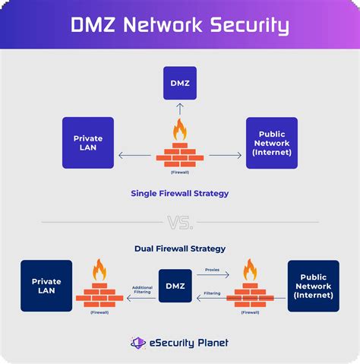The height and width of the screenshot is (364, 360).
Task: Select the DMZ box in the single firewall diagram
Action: pos(180,84)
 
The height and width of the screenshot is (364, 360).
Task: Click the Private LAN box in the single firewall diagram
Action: pos(88,143)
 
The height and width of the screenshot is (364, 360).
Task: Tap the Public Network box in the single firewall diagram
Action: pos(271,143)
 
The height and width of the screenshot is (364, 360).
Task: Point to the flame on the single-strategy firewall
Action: pos(180,130)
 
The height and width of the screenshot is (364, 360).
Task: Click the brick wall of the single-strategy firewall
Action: pos(180,154)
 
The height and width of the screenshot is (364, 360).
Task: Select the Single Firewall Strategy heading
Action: pos(180,193)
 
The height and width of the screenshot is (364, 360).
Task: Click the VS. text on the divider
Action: pos(180,223)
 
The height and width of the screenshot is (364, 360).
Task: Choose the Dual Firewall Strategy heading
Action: pos(180,248)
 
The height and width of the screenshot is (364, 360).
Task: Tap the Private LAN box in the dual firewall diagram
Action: pos(46,286)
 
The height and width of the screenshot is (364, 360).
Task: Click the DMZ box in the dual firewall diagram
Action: pos(175,286)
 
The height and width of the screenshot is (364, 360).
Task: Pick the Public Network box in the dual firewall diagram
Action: pos(313,286)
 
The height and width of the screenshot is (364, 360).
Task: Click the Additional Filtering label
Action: pos(142,290)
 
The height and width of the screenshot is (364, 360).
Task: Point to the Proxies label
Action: pos(213,269)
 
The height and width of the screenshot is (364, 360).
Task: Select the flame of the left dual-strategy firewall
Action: pos(99,271)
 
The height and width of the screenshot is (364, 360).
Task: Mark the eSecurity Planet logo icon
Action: pos(137,343)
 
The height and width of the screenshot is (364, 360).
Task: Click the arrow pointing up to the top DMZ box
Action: pos(180,109)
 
